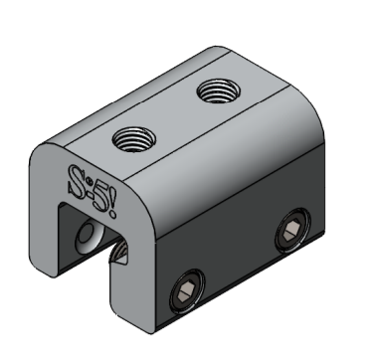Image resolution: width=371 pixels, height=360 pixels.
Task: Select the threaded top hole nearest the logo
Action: point(134,139)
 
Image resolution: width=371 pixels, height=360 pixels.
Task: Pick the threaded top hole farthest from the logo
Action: point(218,91)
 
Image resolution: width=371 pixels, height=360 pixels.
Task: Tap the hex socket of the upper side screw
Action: point(292,230)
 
